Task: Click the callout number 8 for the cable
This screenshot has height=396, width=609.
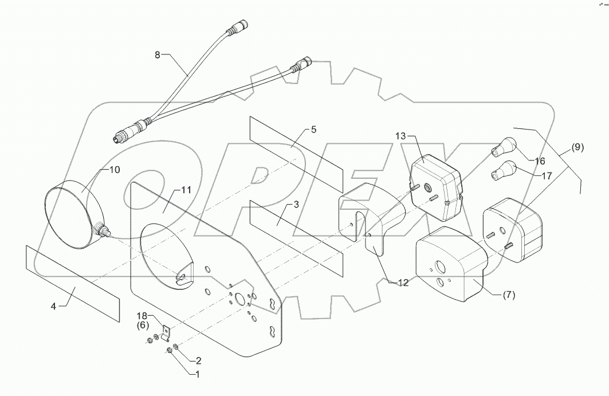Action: (158, 55)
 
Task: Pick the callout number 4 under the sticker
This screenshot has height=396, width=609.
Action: (53, 307)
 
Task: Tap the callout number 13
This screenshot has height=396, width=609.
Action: (400, 136)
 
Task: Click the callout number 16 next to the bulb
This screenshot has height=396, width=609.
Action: (539, 161)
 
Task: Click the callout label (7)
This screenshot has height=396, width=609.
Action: (508, 296)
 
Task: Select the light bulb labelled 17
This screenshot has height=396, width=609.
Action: (502, 170)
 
